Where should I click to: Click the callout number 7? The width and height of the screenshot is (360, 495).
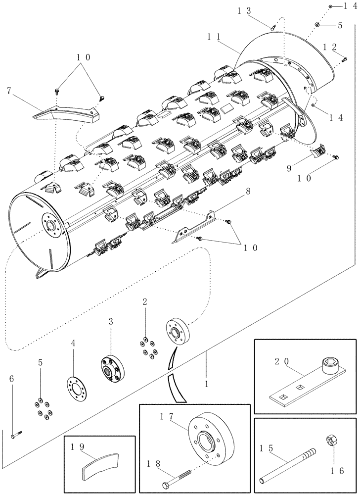9,91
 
